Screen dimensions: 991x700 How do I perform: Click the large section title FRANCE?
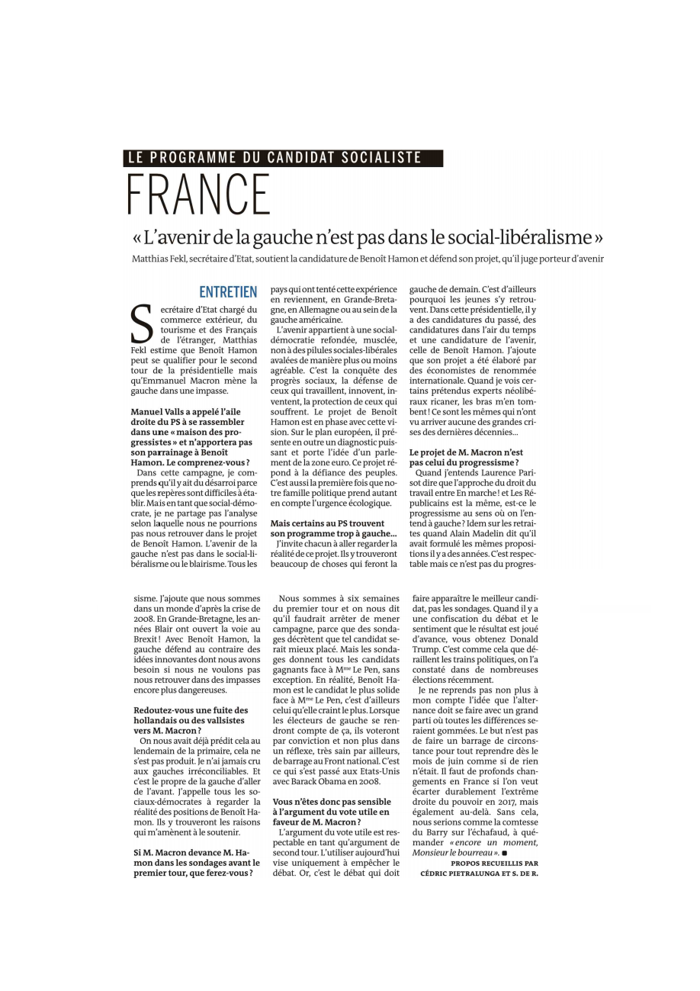point(199,195)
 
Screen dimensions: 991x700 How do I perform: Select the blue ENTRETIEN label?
point(228,292)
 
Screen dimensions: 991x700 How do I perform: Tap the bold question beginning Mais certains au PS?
point(333,527)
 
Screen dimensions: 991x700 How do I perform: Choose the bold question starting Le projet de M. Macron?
point(467,457)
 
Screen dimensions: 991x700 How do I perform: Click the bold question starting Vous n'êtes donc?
point(333,812)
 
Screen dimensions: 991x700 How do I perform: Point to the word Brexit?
point(148,639)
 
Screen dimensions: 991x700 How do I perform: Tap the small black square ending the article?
point(504,852)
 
